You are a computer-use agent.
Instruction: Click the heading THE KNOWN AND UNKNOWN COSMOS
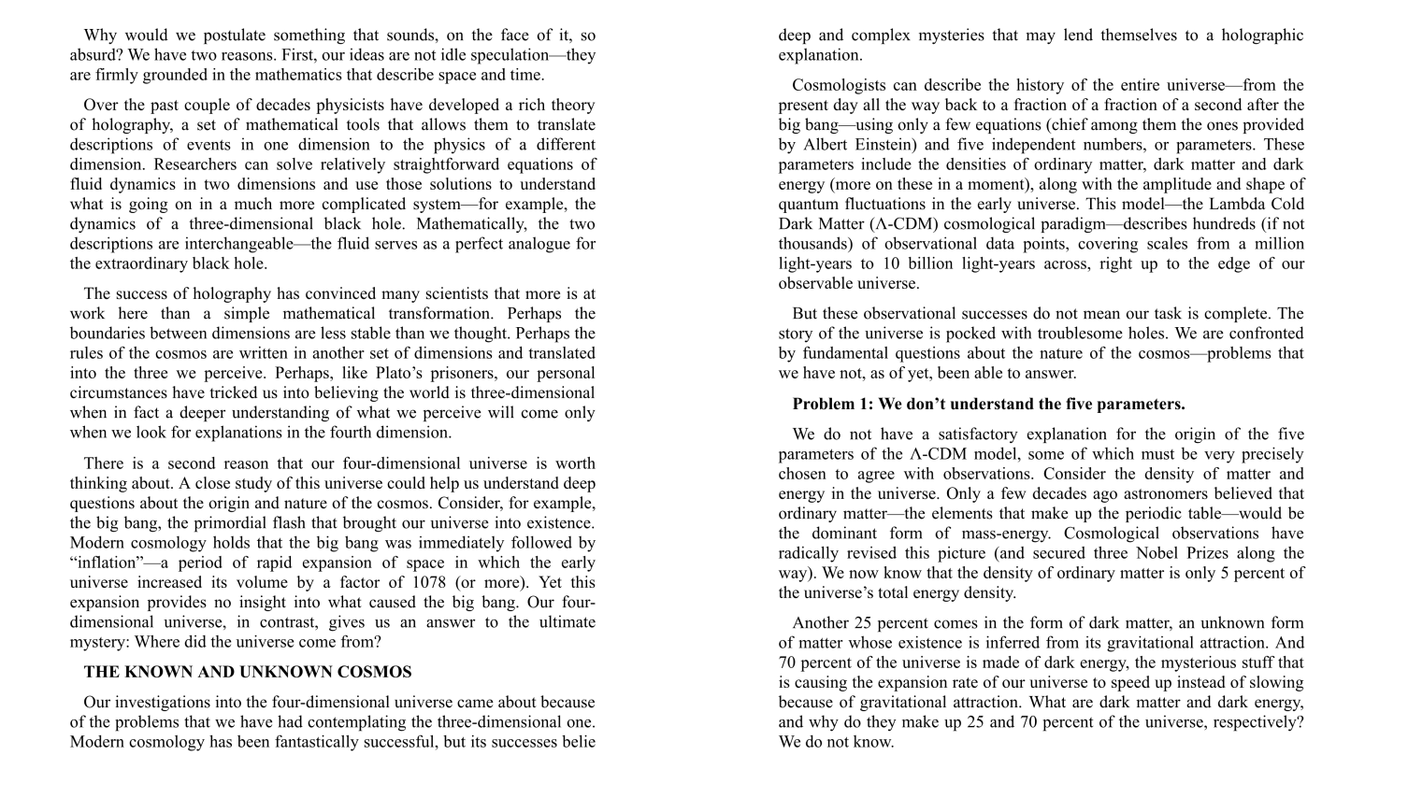click(x=248, y=672)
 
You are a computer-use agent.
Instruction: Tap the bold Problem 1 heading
click(x=988, y=404)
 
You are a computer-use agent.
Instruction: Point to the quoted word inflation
click(x=108, y=563)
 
